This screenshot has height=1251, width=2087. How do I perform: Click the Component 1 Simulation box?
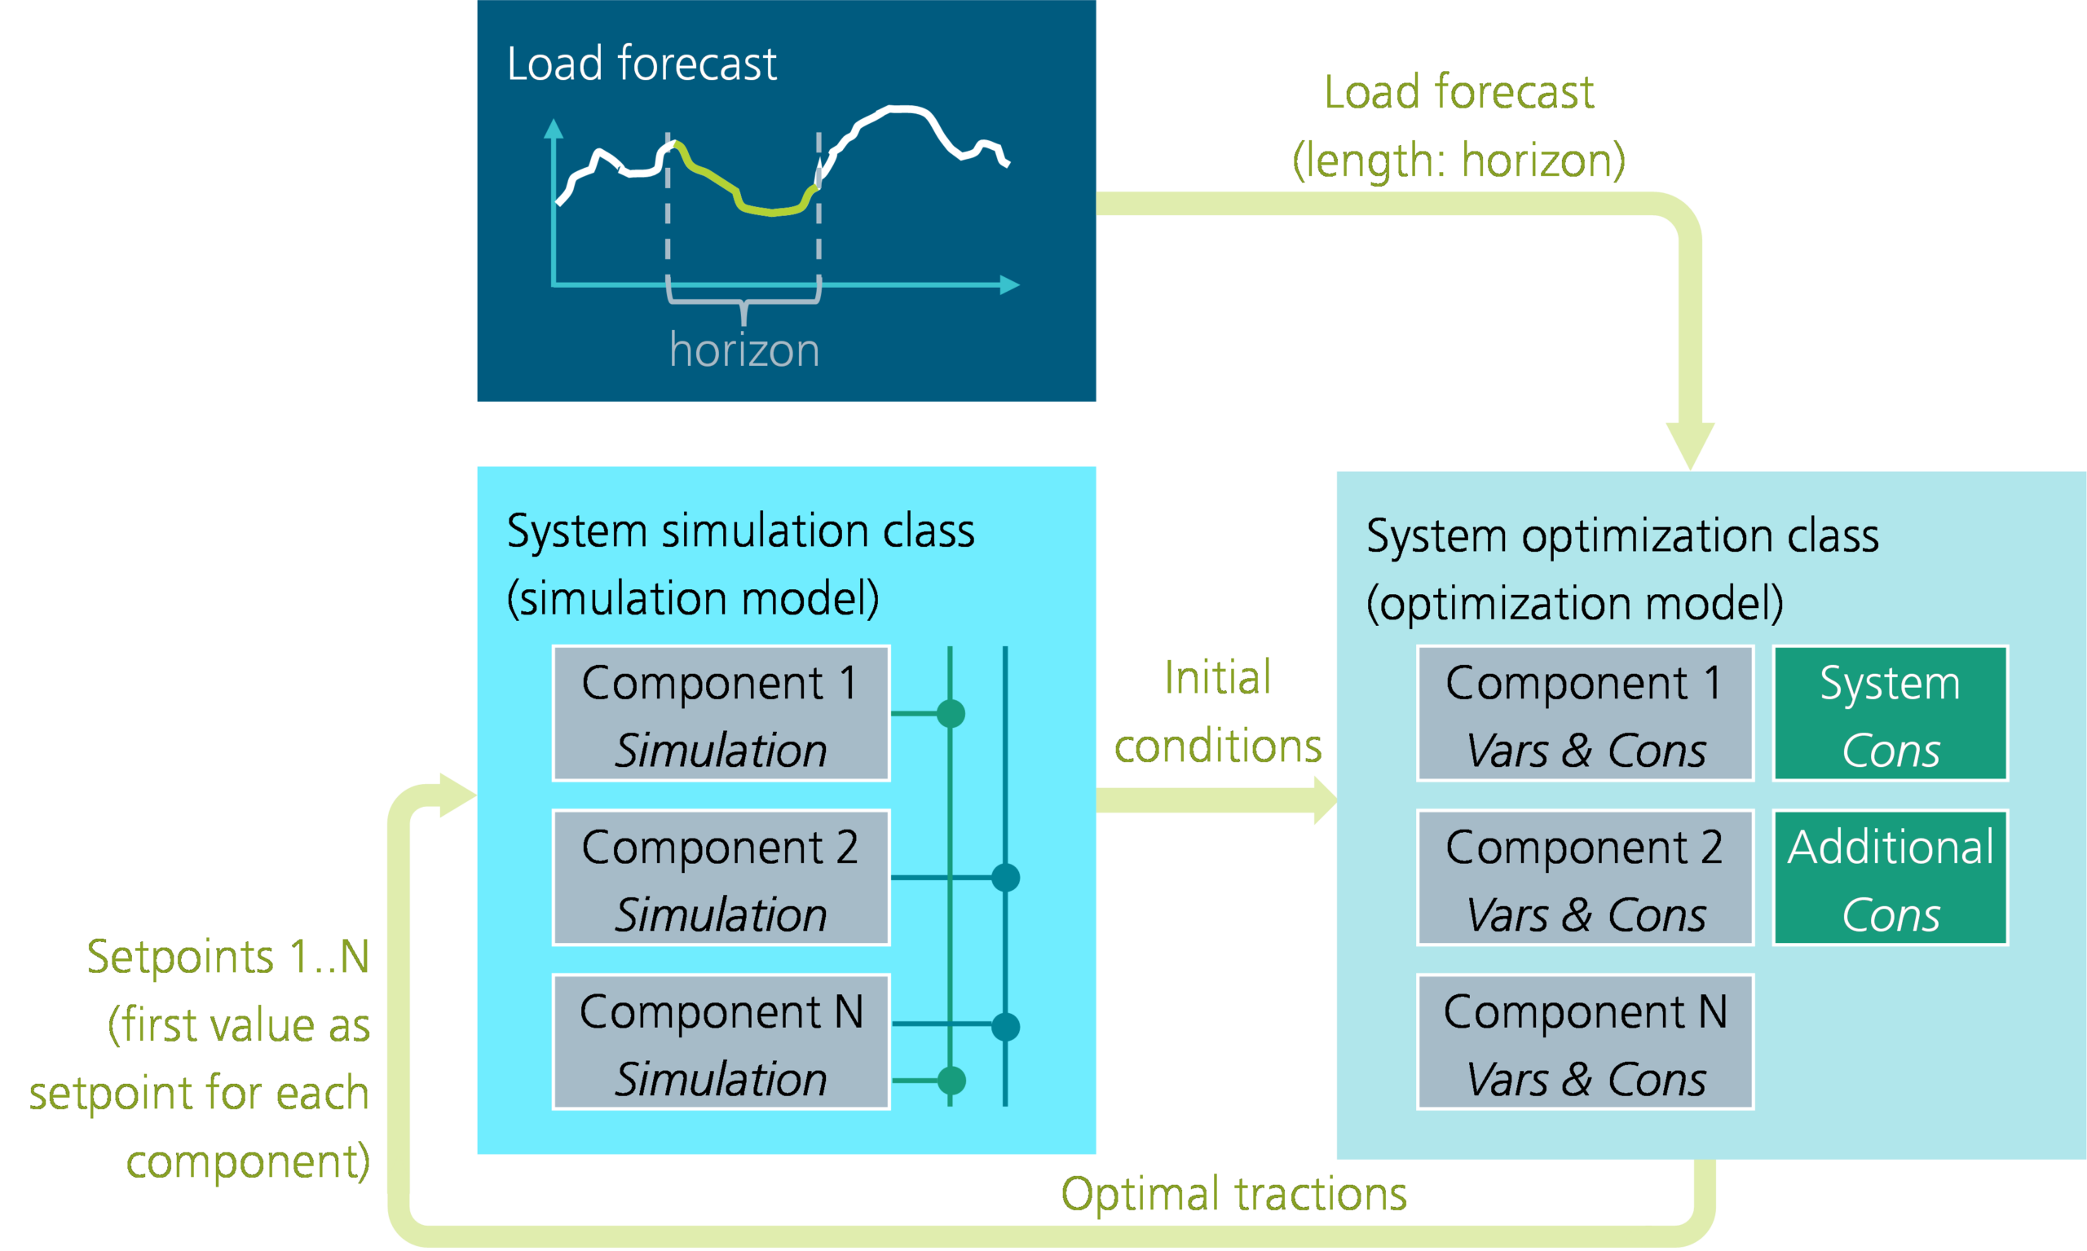click(x=721, y=714)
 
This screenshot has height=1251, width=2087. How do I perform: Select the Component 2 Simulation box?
click(x=721, y=879)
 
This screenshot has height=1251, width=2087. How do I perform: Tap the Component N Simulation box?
click(x=721, y=1043)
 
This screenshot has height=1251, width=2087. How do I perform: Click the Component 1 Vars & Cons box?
click(x=1586, y=714)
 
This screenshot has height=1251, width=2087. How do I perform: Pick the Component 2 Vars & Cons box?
click(x=1586, y=879)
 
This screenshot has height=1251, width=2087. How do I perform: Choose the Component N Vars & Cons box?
click(x=1586, y=1043)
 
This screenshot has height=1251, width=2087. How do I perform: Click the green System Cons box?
click(x=1890, y=714)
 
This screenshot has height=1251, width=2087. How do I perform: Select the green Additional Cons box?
click(x=1890, y=879)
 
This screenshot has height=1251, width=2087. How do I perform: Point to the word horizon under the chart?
click(x=743, y=350)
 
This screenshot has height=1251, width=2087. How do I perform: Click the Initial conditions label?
click(x=1217, y=712)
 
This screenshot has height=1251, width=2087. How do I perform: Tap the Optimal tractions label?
click(x=1233, y=1194)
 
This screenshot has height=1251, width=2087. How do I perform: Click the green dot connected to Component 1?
click(x=951, y=714)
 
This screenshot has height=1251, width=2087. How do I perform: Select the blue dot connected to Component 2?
click(x=1005, y=878)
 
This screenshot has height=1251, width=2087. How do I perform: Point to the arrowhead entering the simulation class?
click(x=458, y=795)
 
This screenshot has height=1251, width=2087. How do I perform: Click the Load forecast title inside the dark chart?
click(x=641, y=64)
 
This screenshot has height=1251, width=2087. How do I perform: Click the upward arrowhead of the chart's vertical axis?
click(x=554, y=129)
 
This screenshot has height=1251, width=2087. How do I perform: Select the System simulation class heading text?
click(x=739, y=532)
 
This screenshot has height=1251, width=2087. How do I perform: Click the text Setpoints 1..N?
click(x=227, y=958)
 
